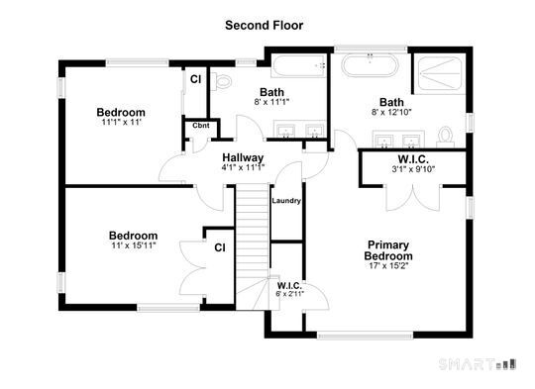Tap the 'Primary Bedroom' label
[x=387, y=250]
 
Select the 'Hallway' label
[x=242, y=157]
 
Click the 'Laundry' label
[x=286, y=201]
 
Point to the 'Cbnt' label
[x=200, y=126]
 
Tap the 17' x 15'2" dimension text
[x=387, y=266]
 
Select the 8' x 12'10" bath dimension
[x=392, y=112]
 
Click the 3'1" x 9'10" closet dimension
[x=414, y=168]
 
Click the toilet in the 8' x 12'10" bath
[x=447, y=133]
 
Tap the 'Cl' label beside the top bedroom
[x=196, y=78]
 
